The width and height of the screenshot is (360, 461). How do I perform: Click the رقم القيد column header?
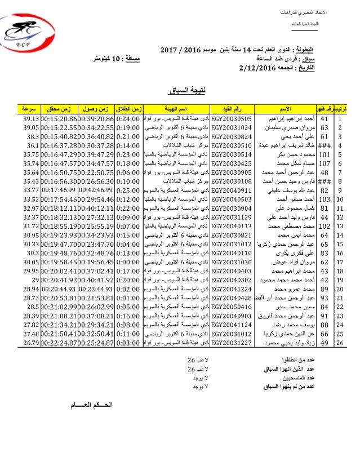pyautogui.click(x=230, y=107)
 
